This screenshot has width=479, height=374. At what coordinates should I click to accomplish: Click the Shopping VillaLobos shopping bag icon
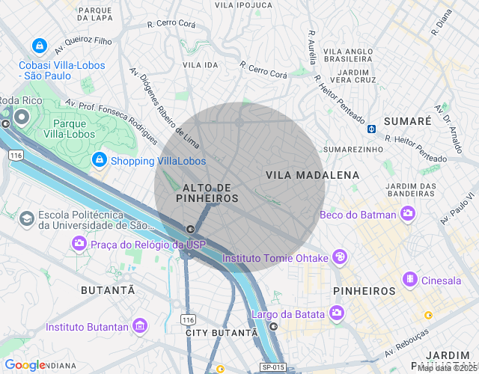coord(99,160)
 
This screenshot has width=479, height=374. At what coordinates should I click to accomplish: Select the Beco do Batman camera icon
coord(408,215)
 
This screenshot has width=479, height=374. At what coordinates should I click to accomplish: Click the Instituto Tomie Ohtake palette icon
coord(340,257)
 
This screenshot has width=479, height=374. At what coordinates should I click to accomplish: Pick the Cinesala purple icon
coord(410,279)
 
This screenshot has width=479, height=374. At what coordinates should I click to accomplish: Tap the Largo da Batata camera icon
coord(337,313)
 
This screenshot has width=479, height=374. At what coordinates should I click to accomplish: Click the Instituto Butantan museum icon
coord(139,326)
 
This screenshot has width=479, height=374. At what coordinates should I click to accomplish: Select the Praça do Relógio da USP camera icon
coord(79,244)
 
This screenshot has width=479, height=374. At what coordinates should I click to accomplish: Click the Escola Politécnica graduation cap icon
coord(27,218)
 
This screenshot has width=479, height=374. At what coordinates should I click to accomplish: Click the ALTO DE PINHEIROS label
coord(207,193)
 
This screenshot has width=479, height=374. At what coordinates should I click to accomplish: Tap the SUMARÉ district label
coord(407,120)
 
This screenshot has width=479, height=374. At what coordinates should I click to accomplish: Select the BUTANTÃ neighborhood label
coord(108,289)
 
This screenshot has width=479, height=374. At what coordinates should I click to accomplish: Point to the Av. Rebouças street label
coord(407,343)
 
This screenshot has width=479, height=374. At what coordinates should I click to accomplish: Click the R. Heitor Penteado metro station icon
coord(371,128)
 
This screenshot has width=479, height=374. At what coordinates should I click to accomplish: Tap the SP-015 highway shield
coord(273,367)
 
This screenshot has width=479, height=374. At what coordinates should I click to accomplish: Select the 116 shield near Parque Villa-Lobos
coord(14,155)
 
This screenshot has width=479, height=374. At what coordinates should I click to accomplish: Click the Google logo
coord(24,365)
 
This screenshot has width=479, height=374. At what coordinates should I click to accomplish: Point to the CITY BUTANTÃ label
coord(221,332)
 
